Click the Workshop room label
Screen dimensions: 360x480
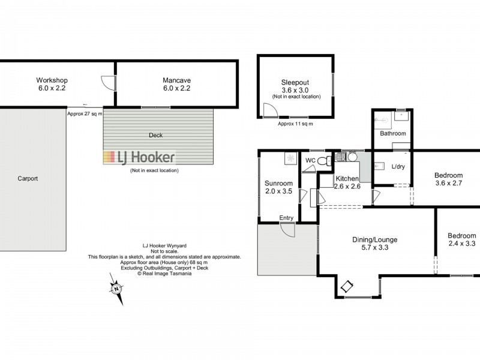(52, 80)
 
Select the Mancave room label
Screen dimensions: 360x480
(176, 80)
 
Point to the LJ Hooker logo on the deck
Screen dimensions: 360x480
(140, 158)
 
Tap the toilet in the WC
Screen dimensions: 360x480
(323, 161)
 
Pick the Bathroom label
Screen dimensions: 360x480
(391, 133)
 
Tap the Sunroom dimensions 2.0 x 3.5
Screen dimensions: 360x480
(278, 192)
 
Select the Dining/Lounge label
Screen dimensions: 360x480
(374, 239)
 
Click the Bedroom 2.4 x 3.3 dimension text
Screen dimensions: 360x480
(461, 244)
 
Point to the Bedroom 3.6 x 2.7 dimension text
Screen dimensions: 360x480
(448, 184)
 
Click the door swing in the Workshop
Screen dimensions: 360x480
(106, 82)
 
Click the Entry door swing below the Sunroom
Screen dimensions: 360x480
(287, 230)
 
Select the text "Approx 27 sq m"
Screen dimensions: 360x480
(85, 113)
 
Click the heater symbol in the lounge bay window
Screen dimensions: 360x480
(347, 287)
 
